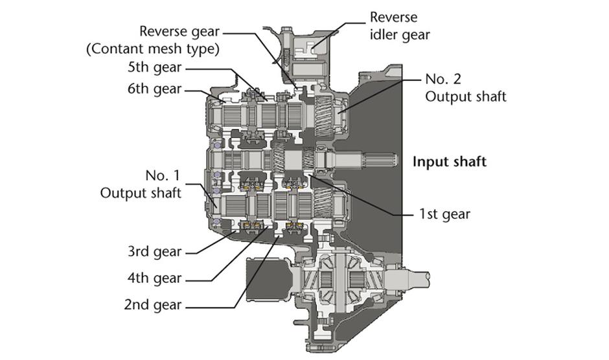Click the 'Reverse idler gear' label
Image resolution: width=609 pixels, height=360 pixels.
point(400,26)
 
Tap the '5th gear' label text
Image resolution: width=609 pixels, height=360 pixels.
point(155,67)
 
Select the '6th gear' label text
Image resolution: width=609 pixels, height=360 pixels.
point(155,89)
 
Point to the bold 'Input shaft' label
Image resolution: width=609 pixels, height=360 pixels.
point(450,162)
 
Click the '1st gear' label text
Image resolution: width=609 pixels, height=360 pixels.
point(444,214)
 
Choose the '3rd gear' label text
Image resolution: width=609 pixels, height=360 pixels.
point(155,251)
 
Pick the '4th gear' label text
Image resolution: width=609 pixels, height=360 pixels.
point(155,278)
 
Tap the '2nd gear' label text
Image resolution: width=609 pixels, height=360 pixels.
point(153,304)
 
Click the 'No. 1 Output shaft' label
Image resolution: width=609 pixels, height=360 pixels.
point(141,184)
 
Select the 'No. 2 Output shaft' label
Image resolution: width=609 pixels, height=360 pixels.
point(466,88)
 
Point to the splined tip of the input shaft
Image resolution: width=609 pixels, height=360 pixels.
point(382,159)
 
